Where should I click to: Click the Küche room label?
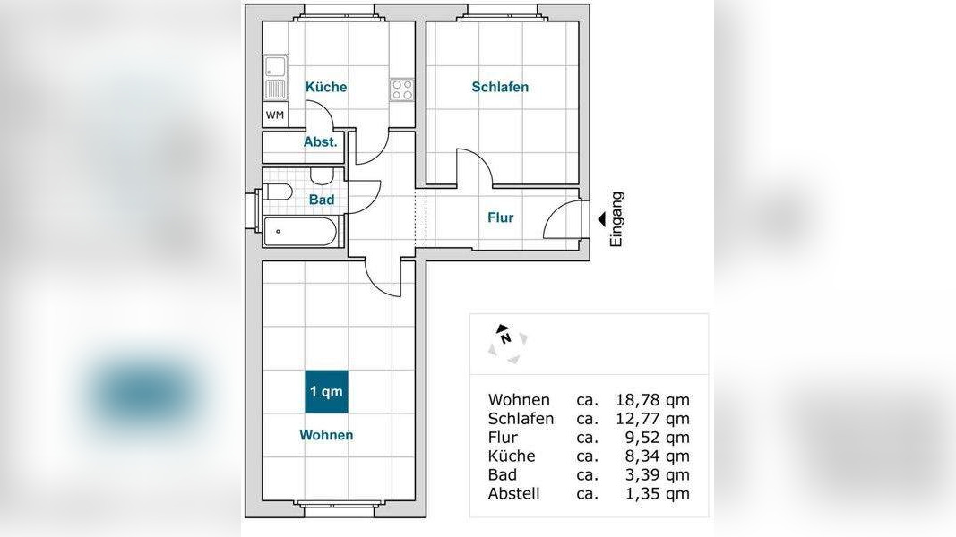326,87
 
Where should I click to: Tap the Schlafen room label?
500,87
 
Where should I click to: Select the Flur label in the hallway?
501,217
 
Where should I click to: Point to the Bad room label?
322,200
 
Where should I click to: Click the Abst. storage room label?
321,142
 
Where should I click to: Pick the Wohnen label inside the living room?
326,435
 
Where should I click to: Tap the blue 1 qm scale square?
326,391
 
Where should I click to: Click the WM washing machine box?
275,115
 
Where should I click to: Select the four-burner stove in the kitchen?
401,90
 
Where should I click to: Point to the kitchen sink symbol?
276,78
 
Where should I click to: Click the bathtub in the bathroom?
300,232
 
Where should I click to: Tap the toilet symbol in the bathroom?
278,192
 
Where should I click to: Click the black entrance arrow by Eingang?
602,219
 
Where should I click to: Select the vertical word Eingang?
617,219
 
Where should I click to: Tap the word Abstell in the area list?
514,493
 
